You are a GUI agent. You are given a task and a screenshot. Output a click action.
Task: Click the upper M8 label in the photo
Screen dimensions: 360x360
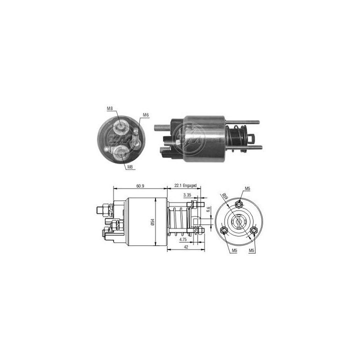(x=109, y=108)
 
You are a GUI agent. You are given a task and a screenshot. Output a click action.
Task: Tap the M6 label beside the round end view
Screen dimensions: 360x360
(x=146, y=115)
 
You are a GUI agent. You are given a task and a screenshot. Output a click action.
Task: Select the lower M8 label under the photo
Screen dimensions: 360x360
(x=130, y=167)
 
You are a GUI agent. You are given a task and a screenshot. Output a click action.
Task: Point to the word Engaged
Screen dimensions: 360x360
(x=190, y=185)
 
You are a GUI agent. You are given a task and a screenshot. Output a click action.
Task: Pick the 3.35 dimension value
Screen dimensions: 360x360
(x=187, y=194)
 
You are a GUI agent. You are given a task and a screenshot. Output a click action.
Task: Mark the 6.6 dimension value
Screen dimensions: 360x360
(x=208, y=210)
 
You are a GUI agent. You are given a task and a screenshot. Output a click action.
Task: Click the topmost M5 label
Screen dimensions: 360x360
(x=247, y=188)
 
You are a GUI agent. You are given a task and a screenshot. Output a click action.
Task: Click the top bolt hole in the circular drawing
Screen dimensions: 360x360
(x=240, y=203)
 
